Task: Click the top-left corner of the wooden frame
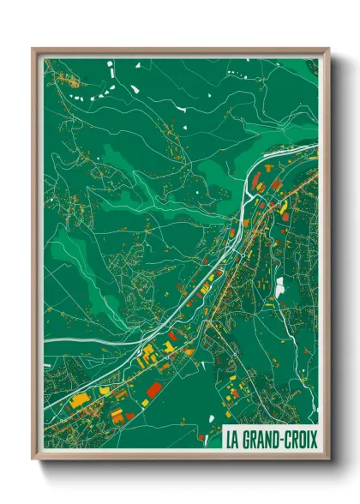[33, 49]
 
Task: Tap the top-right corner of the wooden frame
[328, 49]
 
